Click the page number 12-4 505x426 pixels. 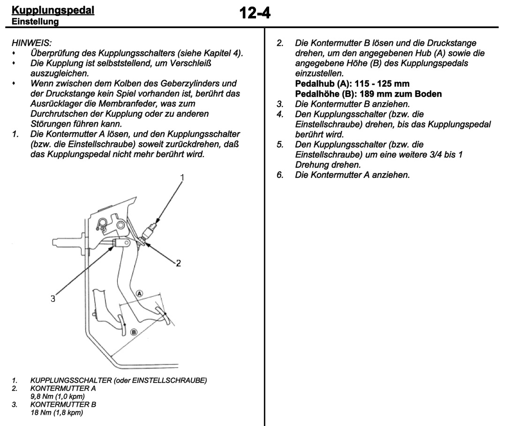tap(255, 13)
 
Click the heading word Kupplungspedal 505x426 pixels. tap(53, 9)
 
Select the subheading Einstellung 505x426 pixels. tap(35, 21)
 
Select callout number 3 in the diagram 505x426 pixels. tap(53, 298)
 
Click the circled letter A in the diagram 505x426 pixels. tap(139, 293)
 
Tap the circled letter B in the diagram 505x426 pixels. tap(134, 332)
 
